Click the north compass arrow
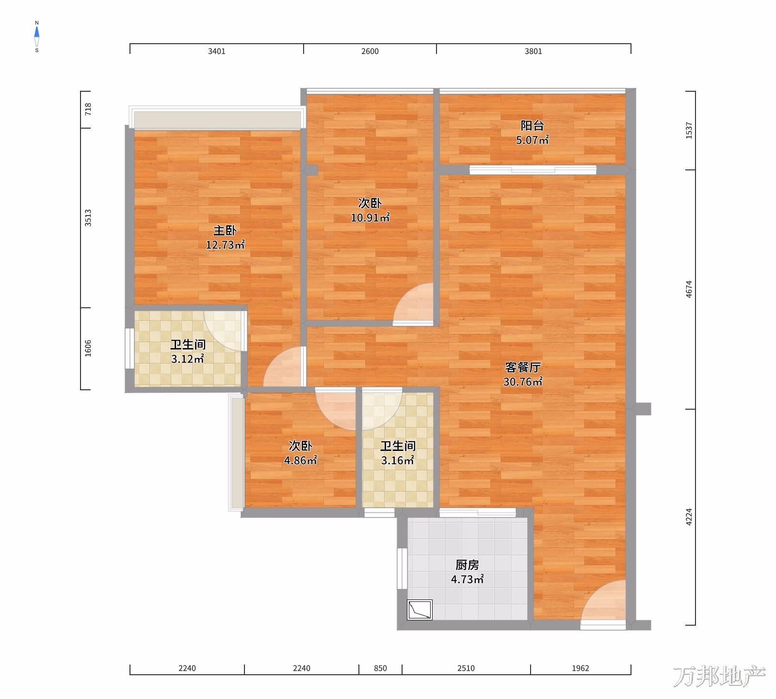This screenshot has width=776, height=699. click(37, 33)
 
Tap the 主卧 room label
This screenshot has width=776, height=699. click(225, 230)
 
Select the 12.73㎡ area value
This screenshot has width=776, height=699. click(225, 245)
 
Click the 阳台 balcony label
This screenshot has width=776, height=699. click(532, 126)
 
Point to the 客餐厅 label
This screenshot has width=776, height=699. click(523, 367)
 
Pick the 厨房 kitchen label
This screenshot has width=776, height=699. click(467, 565)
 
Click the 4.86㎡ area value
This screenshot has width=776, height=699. click(300, 460)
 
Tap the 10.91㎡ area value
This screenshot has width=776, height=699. click(370, 217)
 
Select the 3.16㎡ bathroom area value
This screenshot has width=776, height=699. click(397, 460)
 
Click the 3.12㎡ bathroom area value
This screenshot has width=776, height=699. click(187, 359)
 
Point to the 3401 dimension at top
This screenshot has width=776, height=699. click(217, 51)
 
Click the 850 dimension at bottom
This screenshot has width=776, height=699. click(381, 668)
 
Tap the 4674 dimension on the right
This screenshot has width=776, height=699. click(689, 289)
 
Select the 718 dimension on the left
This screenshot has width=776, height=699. click(88, 110)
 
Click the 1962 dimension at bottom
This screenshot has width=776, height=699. click(581, 668)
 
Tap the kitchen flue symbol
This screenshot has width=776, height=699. click(420, 610)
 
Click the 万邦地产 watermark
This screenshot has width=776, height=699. click(719, 677)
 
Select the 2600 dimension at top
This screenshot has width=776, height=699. click(370, 51)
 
